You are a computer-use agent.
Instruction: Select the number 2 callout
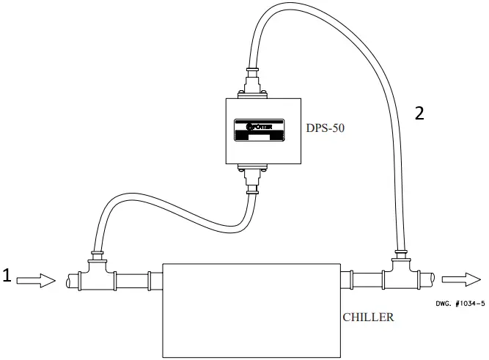click(419, 114)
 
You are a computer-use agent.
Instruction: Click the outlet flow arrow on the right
click(461, 279)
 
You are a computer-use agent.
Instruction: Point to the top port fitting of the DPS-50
click(252, 81)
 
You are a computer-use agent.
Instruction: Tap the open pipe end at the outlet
click(433, 279)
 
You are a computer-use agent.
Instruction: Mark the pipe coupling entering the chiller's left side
click(150, 279)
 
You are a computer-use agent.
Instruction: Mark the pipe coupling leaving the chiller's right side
click(345, 279)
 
